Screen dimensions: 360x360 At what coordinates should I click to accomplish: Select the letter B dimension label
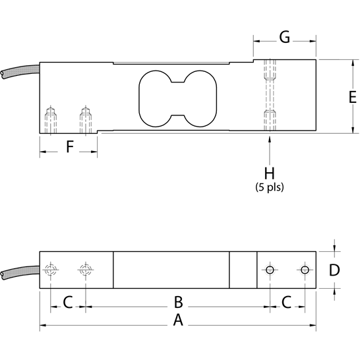pos(177,302)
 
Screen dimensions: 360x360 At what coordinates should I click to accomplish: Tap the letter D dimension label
pos(334,270)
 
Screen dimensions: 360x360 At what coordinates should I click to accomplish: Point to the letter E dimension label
pos(334,97)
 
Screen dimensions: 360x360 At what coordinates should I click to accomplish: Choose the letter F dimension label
pos(69,146)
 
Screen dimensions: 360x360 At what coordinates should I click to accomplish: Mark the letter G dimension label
pos(284,37)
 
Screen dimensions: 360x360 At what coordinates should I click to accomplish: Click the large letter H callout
pos(269,173)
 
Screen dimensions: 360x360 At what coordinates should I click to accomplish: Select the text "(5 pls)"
pos(269,187)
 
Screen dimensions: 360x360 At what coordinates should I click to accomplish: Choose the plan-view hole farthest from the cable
pos(304,270)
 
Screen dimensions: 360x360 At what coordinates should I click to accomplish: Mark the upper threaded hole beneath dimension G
pos(269,71)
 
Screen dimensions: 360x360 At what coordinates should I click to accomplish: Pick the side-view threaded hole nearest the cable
pos(50,119)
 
